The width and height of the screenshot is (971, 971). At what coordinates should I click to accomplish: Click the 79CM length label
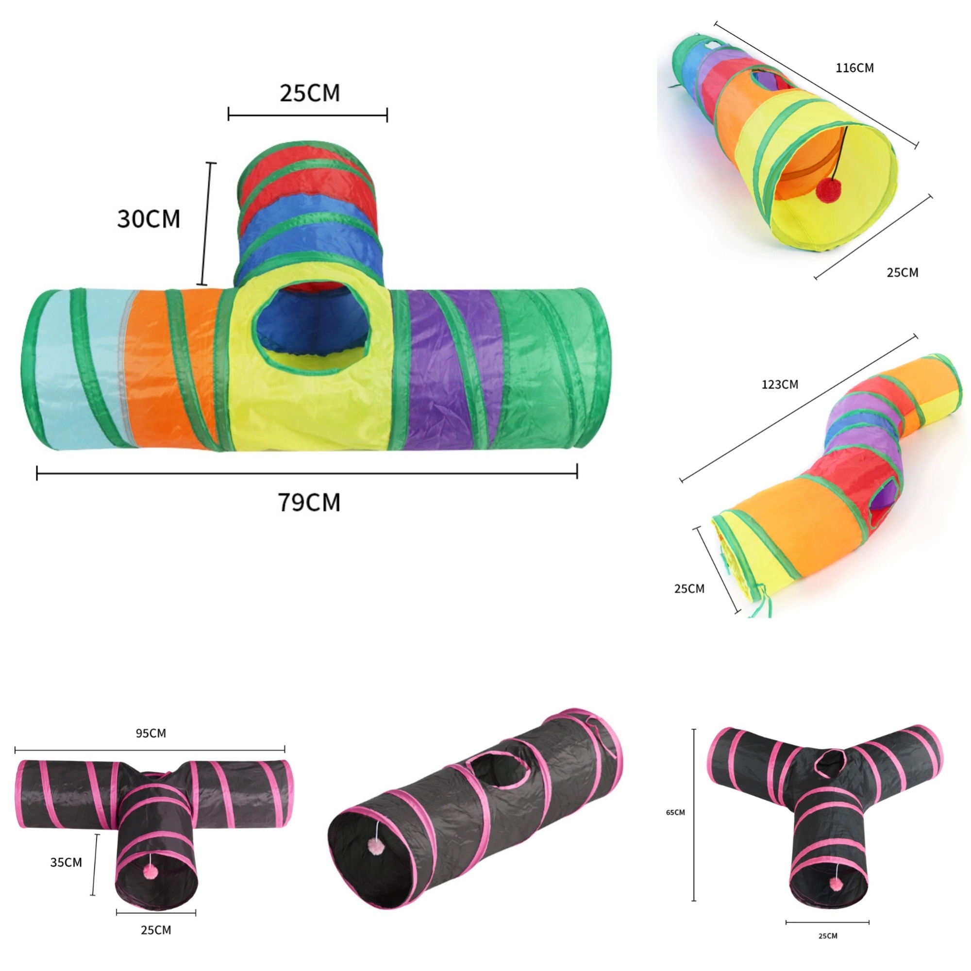click(x=309, y=502)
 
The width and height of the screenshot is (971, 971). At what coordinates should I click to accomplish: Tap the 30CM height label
click(x=148, y=218)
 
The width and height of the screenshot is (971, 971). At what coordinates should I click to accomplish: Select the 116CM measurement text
click(x=854, y=68)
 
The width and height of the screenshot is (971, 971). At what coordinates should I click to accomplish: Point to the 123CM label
click(x=780, y=385)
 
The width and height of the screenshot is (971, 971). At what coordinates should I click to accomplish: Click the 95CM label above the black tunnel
click(x=151, y=733)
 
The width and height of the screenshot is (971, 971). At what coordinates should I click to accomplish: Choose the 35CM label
click(x=66, y=862)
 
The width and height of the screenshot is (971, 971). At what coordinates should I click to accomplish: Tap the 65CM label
click(x=675, y=812)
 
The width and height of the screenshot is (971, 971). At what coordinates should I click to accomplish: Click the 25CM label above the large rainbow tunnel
click(x=310, y=93)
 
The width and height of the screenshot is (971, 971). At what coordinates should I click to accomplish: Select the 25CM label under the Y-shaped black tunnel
click(x=828, y=936)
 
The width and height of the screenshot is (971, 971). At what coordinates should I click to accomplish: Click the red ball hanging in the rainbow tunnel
click(x=827, y=190)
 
